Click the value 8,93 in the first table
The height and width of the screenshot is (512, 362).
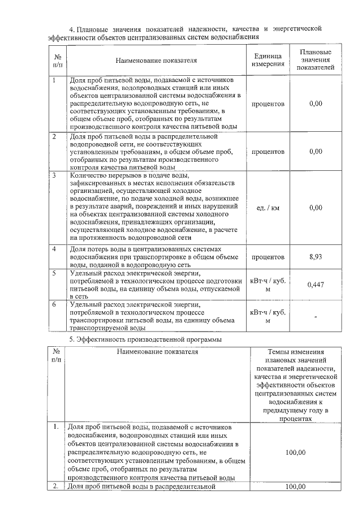click(x=316, y=257)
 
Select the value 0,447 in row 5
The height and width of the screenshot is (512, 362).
click(x=316, y=285)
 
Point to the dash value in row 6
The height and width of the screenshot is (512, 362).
click(x=316, y=316)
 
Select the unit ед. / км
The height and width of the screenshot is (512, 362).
click(x=268, y=208)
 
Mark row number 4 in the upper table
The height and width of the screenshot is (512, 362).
click(x=54, y=249)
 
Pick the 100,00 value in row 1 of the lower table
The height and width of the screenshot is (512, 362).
click(x=295, y=453)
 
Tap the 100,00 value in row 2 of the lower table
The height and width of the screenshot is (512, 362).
click(x=295, y=487)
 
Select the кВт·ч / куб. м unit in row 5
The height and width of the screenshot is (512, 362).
click(x=268, y=285)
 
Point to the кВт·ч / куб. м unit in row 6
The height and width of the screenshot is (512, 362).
click(x=268, y=316)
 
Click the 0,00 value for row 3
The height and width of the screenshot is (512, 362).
click(x=316, y=208)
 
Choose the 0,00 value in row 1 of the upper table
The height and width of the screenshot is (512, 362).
click(x=316, y=104)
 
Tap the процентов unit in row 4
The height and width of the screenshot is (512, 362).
click(x=268, y=257)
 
